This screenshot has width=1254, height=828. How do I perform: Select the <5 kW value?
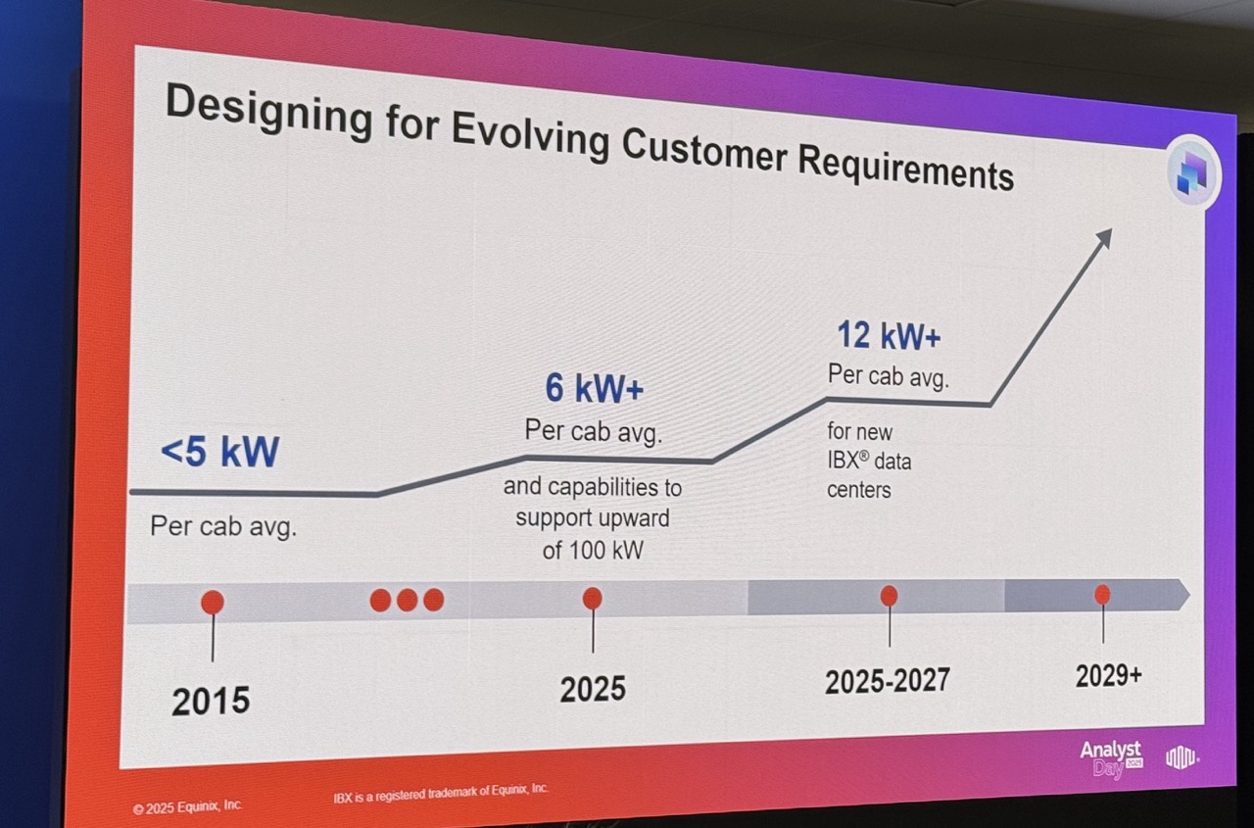(220, 452)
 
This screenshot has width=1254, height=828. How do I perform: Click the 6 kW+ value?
(595, 389)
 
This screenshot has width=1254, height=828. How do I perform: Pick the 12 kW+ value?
(889, 336)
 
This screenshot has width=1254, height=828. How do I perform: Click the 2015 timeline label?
(211, 701)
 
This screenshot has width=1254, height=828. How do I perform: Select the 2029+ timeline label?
(1108, 676)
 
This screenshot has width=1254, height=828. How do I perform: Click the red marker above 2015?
(212, 602)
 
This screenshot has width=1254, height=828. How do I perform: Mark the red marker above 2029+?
(1102, 594)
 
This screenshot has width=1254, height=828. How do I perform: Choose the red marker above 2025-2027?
(889, 595)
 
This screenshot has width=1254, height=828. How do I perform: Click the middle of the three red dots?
(407, 600)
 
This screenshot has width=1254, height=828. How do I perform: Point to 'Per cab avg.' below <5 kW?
(222, 526)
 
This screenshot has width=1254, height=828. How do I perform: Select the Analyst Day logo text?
(1111, 757)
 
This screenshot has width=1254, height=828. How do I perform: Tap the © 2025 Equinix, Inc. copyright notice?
(187, 807)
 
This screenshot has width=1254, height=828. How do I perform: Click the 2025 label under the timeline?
(593, 689)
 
